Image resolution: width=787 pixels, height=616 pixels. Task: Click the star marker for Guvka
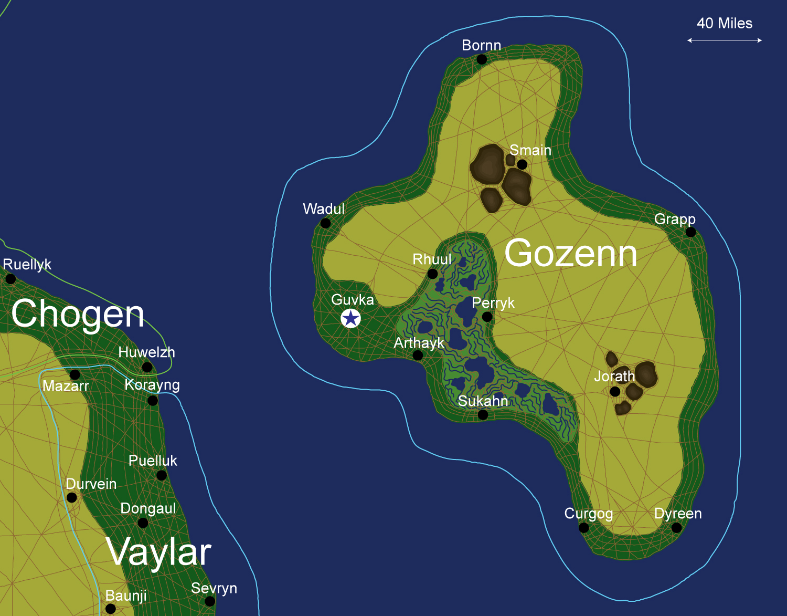[x=350, y=318]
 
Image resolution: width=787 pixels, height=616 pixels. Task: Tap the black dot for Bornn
[x=482, y=59]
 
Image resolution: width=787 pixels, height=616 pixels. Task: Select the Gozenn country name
[x=571, y=253]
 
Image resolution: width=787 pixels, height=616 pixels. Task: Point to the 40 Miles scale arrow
[x=724, y=40]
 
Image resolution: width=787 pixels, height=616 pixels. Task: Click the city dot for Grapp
[x=690, y=232]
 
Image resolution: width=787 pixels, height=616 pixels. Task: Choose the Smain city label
[x=530, y=150]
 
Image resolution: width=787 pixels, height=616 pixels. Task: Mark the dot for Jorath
[x=615, y=391]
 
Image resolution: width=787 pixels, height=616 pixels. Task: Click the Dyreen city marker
[x=676, y=527]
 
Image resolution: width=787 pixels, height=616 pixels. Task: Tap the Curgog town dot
[x=583, y=527]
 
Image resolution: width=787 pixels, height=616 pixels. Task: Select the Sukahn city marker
[x=483, y=415]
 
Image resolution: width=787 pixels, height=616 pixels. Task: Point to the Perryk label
[x=493, y=303]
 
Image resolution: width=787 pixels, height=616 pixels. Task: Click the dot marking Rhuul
[x=432, y=274]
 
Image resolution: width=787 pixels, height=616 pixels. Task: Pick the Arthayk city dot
[x=418, y=356]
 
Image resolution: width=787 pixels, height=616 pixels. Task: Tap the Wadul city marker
[x=325, y=223]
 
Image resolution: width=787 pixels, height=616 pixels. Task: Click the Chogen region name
[x=78, y=314]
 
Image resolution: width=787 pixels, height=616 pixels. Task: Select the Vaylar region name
[x=158, y=552]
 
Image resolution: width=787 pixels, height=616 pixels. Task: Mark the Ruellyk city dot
[x=10, y=279]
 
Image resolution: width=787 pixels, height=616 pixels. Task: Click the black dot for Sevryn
[x=210, y=601]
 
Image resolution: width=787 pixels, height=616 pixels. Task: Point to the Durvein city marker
[x=72, y=497]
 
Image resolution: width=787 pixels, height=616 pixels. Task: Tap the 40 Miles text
[x=724, y=24]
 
